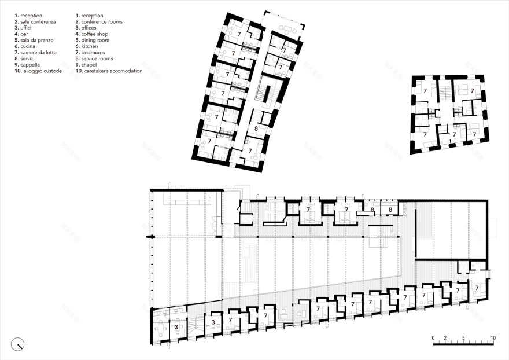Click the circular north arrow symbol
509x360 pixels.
click(19, 344)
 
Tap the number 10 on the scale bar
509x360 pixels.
click(493, 337)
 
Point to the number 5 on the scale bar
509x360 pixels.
click(463, 337)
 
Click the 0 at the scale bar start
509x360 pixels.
click(433, 337)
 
